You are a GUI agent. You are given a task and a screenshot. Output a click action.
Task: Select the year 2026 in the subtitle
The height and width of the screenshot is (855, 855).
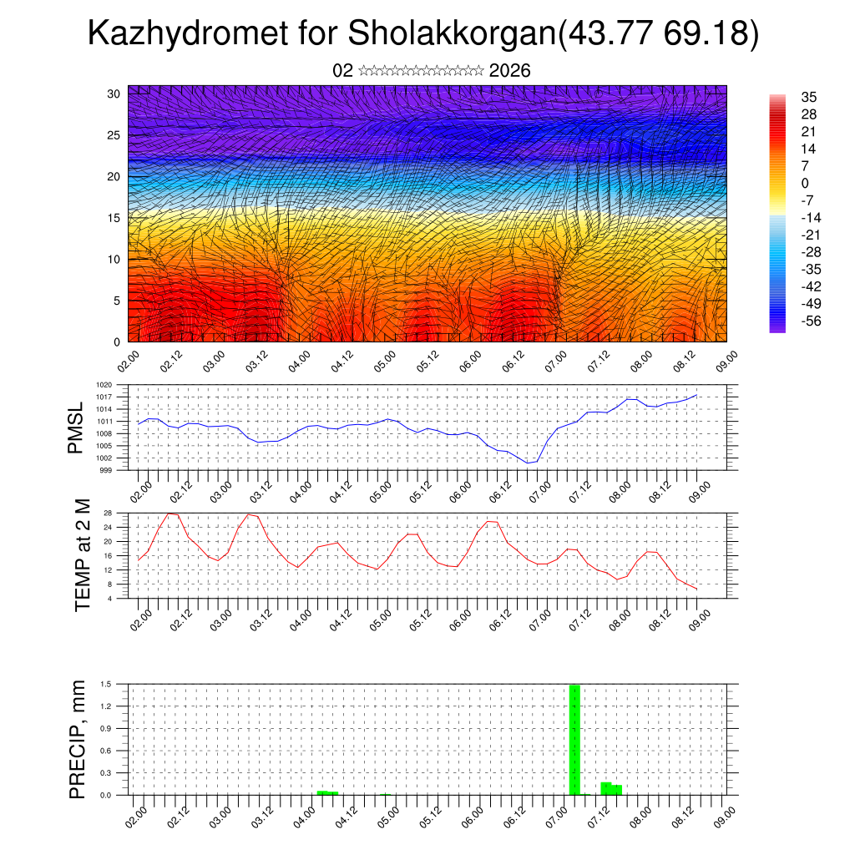(x=510, y=70)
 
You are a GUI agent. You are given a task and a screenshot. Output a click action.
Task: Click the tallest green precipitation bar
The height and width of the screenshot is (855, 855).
(x=574, y=739)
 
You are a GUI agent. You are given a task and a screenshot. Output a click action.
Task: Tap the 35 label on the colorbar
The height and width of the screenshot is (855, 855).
(x=808, y=97)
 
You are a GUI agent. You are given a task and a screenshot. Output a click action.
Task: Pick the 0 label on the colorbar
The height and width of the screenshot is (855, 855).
(x=805, y=183)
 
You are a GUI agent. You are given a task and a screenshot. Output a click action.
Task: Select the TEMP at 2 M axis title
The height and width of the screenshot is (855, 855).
(x=82, y=554)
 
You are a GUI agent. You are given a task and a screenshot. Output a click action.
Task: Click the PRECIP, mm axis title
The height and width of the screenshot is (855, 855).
(x=78, y=740)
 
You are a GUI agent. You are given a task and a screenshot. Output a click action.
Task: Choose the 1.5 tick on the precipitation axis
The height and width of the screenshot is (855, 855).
(x=107, y=684)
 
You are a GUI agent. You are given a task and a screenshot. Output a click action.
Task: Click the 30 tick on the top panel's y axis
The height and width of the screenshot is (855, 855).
(x=114, y=94)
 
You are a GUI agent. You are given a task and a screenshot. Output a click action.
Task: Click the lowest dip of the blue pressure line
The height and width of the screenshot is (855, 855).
(x=527, y=463)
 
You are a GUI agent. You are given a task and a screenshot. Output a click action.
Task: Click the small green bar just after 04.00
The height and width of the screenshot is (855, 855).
(x=327, y=792)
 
